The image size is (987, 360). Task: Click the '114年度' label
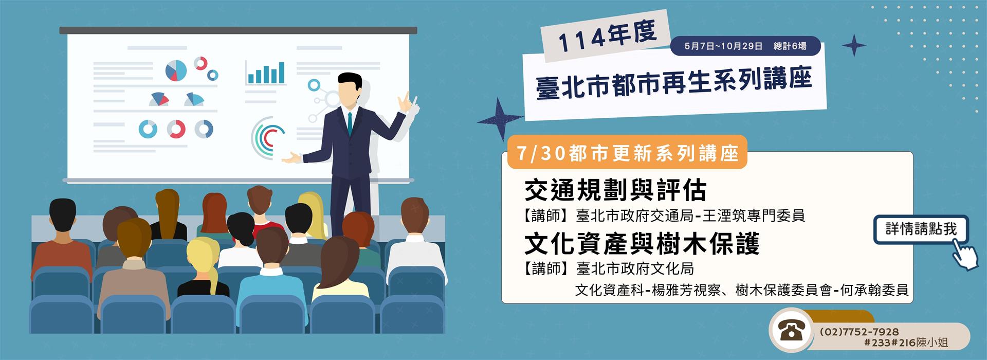[607, 37]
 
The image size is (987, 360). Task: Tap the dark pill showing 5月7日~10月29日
[745, 46]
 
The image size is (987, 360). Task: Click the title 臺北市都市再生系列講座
[674, 83]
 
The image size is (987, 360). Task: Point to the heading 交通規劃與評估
[615, 190]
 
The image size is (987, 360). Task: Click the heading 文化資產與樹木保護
[642, 244]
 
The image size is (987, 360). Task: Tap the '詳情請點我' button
[921, 229]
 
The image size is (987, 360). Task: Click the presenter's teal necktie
[350, 123]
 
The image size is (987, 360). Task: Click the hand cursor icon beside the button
[964, 255]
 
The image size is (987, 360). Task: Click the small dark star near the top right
[854, 45]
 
